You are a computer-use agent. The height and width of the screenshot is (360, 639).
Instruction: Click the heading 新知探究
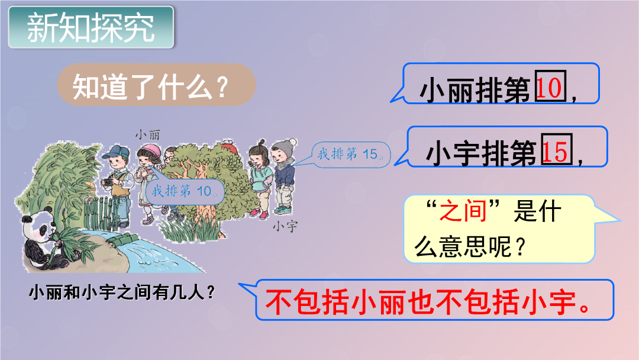[91, 28]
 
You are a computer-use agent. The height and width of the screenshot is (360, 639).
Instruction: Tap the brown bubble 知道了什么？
[156, 85]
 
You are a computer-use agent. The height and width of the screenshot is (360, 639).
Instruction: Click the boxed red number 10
[550, 86]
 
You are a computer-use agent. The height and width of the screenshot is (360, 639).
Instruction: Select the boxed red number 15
[557, 149]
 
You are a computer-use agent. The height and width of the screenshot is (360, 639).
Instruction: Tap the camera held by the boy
[106, 181]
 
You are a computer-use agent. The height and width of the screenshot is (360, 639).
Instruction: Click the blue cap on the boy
[116, 152]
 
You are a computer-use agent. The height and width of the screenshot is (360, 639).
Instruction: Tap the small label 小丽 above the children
[147, 134]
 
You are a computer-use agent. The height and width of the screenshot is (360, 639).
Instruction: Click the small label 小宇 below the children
[285, 226]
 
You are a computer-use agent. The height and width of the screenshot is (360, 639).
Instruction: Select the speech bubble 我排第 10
[185, 191]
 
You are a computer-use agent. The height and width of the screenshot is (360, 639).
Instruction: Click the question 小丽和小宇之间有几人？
[122, 292]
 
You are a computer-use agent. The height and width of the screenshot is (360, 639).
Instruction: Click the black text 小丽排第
[475, 89]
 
